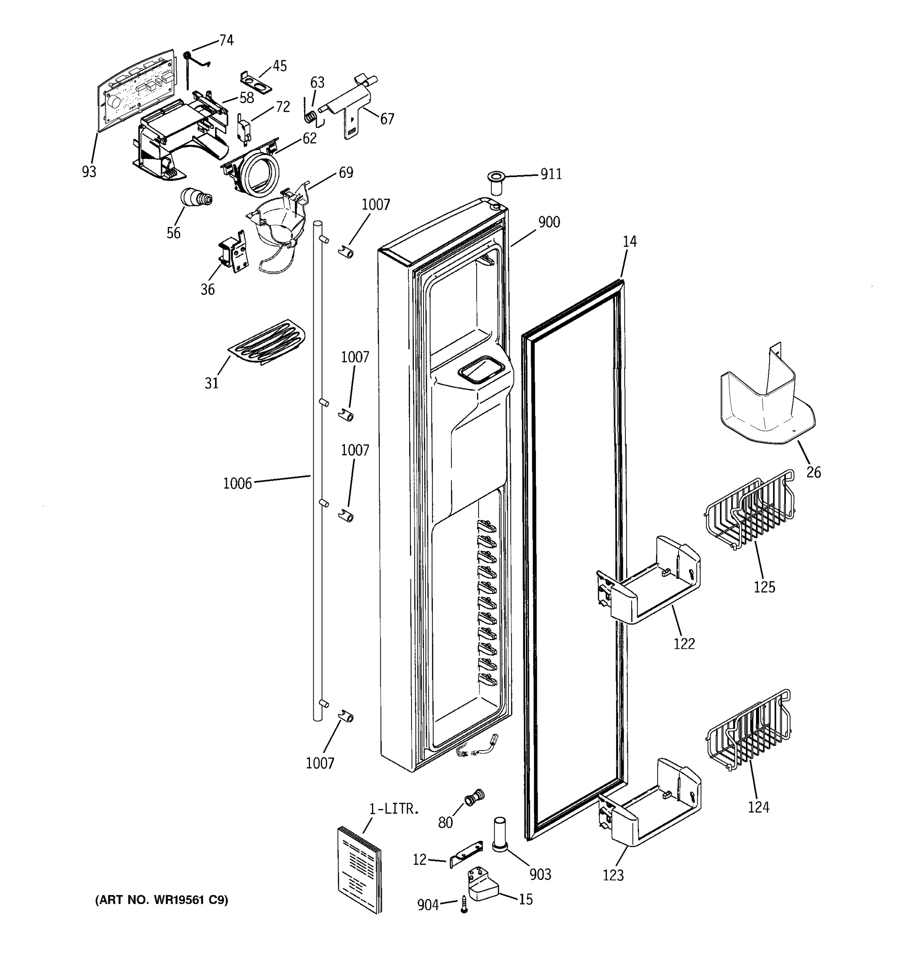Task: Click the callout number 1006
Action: coord(237,483)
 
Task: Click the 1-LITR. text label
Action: coord(394,809)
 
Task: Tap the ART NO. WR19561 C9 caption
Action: coord(161,900)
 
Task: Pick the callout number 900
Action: coord(549,223)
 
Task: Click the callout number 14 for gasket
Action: coord(629,242)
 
